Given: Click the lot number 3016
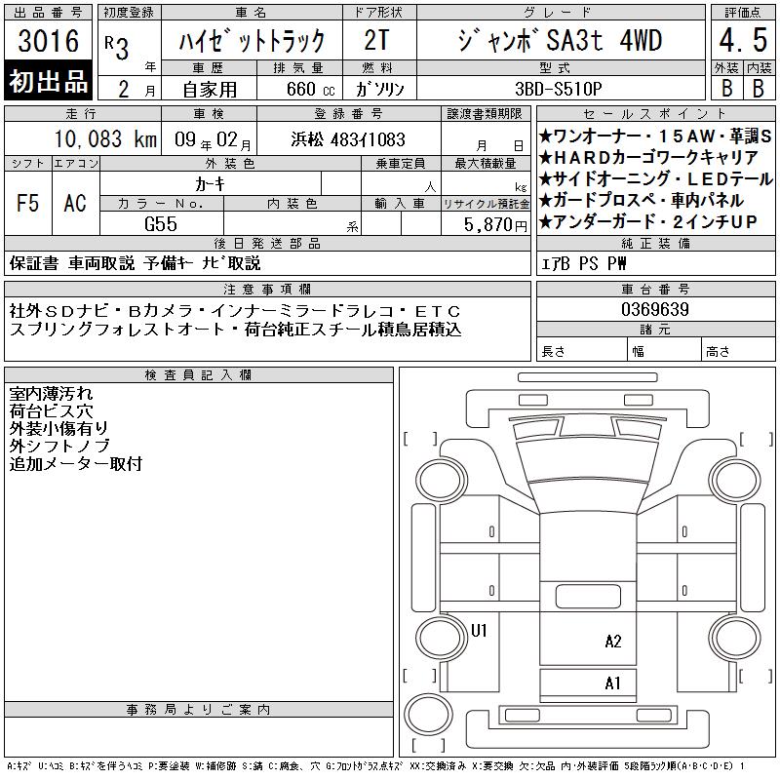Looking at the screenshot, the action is coord(48,41).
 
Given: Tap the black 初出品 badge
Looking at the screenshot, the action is coord(48,81).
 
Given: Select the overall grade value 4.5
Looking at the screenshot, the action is coord(743,40).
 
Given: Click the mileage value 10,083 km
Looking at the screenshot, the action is coord(105,139).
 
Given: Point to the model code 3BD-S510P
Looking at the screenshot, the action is coord(558,89).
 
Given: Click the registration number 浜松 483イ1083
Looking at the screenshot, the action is coord(348,139).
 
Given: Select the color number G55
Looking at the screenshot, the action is coord(161,224).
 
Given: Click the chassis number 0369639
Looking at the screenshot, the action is coord(655,309).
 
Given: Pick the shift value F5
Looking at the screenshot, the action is coord(27,203).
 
